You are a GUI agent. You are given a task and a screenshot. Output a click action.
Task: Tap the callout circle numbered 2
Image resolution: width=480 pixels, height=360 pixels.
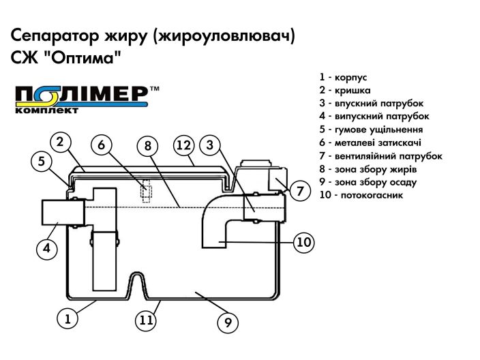pos(61,142)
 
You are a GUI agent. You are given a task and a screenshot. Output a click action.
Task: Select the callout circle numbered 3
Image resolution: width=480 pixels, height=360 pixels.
pos(210,145)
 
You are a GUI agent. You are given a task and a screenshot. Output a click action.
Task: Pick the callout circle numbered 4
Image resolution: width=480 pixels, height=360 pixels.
pos(46,249)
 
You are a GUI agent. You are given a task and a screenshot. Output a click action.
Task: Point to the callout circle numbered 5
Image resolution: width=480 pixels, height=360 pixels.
pos(42,162)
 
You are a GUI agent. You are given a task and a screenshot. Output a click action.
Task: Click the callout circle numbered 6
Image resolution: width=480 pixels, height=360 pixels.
pos(102,145)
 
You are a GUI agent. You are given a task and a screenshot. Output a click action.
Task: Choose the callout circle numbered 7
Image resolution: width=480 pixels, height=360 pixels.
pos(300,192)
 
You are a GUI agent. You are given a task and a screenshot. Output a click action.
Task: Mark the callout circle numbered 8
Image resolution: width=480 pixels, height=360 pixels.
pos(147,145)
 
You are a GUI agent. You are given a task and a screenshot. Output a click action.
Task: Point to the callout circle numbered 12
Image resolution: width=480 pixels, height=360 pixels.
pos(183,145)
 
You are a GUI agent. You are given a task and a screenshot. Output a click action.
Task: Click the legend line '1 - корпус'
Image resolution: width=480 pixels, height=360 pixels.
pos(342,77)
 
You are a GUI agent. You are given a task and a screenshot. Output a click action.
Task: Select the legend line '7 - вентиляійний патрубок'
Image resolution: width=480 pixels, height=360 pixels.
pos(380,155)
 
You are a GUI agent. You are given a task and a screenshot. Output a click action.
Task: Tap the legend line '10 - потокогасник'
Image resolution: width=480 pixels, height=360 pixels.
pos(361,195)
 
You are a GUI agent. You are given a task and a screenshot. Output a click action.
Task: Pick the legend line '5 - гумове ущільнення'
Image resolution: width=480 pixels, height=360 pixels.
pos(370,130)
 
